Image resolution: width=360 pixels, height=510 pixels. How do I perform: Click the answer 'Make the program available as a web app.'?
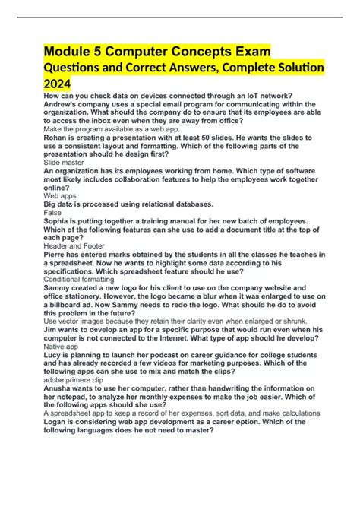110,129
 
